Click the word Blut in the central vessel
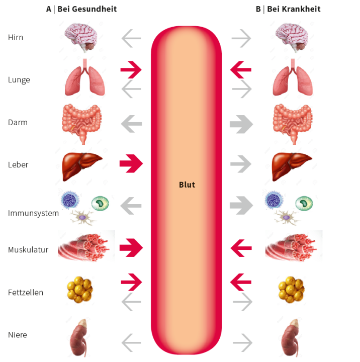[x=187, y=185]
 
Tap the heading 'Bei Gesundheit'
[x=86, y=9]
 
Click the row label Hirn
[x=16, y=37]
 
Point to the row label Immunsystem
[x=33, y=213]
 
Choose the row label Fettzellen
[x=26, y=292]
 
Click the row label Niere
[x=18, y=335]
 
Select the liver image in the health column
[x=81, y=165]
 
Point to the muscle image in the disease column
[x=294, y=246]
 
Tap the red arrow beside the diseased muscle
[x=241, y=247]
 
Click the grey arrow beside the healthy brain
[x=131, y=38]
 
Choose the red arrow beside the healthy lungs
[x=131, y=70]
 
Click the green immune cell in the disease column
[x=303, y=203]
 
